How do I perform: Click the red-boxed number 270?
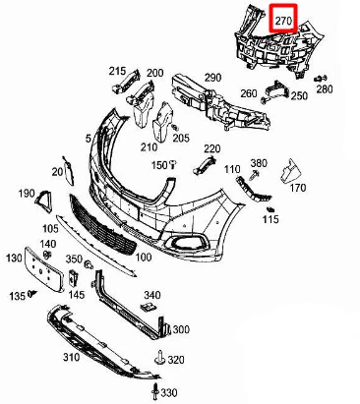click(283, 19)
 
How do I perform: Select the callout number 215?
click(118, 72)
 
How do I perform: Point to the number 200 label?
click(155, 74)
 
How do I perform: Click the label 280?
click(326, 89)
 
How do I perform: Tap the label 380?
click(259, 162)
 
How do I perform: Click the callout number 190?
click(27, 193)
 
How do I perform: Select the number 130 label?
click(13, 258)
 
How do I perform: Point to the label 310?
click(71, 358)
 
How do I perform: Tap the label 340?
click(151, 295)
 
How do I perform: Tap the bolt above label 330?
click(157, 368)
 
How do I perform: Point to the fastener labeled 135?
click(31, 293)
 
